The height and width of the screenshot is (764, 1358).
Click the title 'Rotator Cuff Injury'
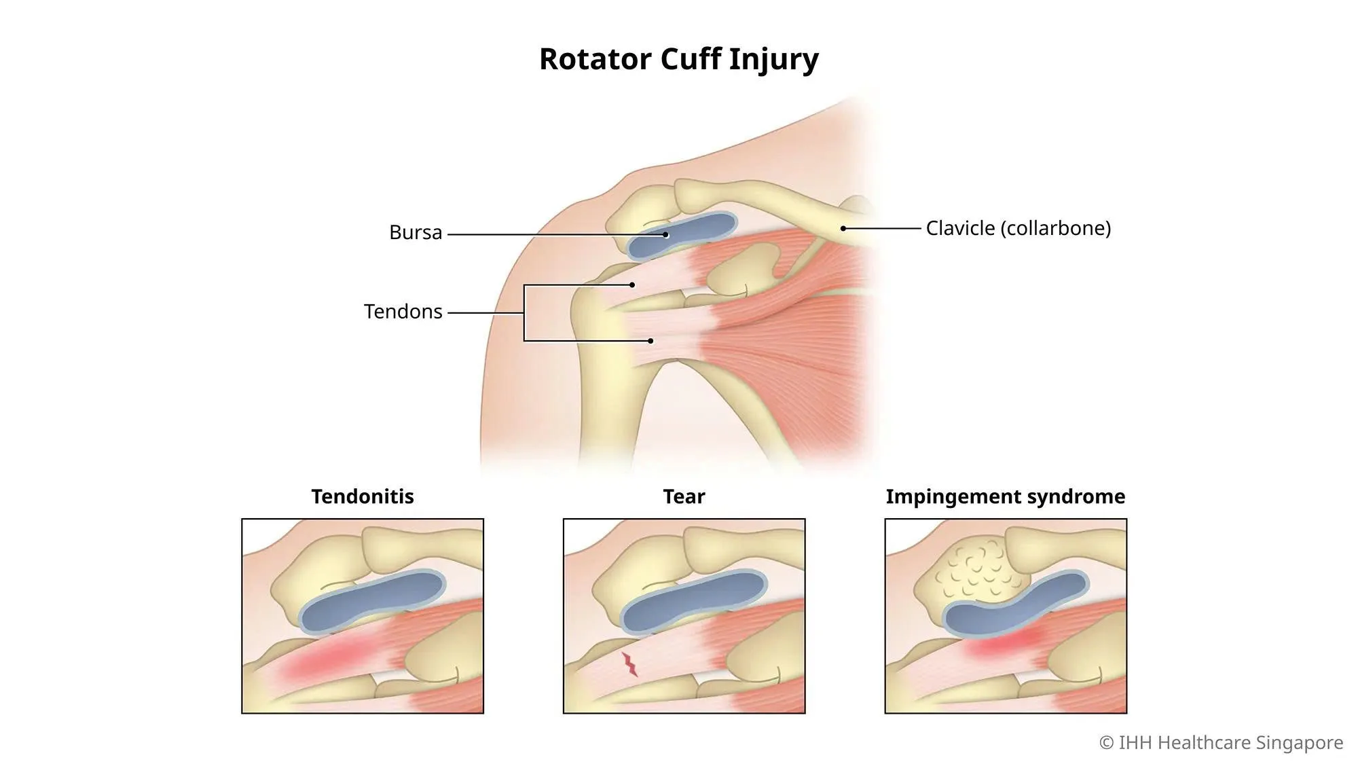(679, 59)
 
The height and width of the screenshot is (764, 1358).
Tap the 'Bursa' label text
(416, 232)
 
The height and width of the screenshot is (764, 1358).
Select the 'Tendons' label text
(403, 312)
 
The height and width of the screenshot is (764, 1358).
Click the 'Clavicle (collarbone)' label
(1019, 228)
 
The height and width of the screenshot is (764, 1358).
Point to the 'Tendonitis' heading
(363, 496)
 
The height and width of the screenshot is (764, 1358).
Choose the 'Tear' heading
(684, 496)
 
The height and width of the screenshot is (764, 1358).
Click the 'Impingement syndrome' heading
(1006, 497)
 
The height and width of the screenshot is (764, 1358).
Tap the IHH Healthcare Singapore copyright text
(1221, 742)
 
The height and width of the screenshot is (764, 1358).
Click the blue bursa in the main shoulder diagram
(681, 235)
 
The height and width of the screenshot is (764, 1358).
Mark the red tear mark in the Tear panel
(630, 664)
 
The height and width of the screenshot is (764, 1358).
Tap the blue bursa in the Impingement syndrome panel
(1016, 604)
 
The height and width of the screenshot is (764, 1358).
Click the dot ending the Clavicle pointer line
(843, 228)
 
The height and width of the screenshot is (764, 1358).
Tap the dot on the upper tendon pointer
(632, 285)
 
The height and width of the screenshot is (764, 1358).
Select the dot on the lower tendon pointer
(650, 341)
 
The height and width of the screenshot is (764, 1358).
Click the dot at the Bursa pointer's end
(666, 235)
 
